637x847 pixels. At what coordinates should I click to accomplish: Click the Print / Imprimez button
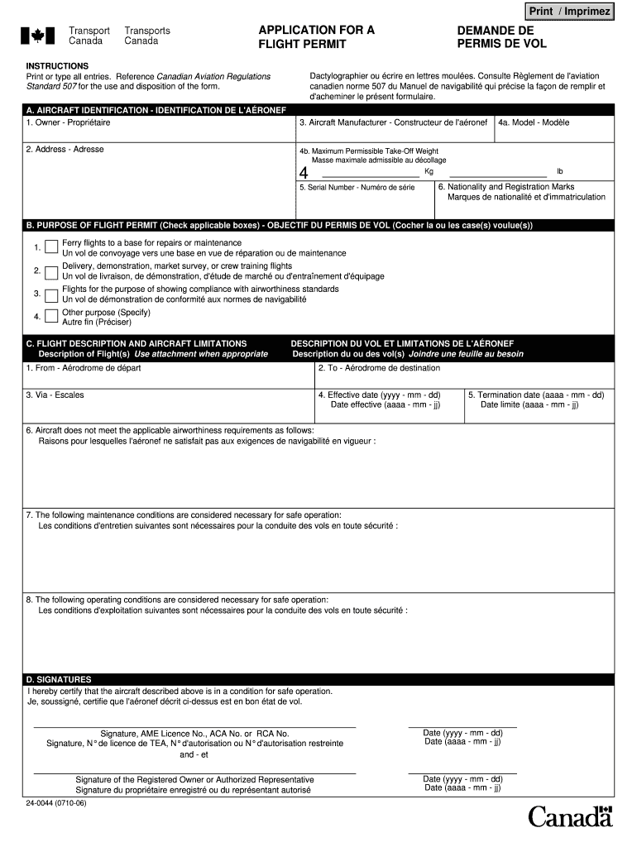(x=570, y=12)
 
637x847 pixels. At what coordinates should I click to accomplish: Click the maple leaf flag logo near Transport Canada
(x=37, y=36)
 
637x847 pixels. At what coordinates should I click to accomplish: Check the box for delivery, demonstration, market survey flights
(x=51, y=271)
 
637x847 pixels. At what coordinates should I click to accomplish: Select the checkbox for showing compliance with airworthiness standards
(x=51, y=294)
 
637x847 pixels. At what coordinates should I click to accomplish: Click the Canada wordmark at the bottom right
(x=570, y=818)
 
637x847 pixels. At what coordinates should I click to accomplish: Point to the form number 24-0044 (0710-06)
(x=56, y=803)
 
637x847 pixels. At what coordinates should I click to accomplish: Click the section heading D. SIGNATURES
(x=59, y=679)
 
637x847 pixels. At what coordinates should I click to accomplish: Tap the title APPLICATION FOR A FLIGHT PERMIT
(x=316, y=36)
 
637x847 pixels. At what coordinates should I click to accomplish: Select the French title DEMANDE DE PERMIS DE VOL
(x=501, y=36)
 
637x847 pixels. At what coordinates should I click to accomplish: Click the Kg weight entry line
(x=370, y=176)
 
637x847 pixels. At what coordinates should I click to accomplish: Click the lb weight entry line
(x=496, y=176)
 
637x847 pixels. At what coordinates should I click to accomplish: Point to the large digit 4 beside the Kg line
(x=304, y=174)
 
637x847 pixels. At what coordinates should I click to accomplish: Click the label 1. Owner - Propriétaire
(x=68, y=122)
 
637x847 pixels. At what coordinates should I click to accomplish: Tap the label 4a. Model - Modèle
(x=534, y=122)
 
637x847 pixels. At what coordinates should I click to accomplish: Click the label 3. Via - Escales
(x=55, y=395)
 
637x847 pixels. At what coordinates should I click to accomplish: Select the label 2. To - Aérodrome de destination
(x=379, y=367)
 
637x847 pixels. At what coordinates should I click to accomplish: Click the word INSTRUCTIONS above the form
(x=57, y=65)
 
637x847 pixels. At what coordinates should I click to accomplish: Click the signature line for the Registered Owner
(x=194, y=773)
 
